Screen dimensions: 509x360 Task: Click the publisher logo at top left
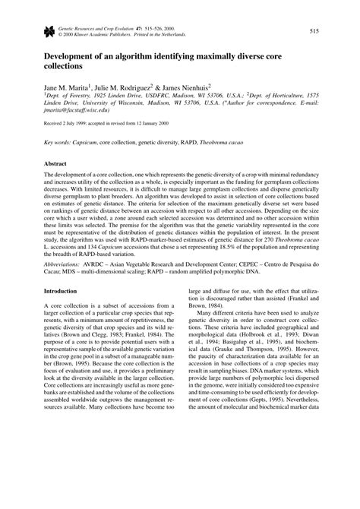(x=49, y=30)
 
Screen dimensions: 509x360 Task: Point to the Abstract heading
(x=57, y=163)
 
